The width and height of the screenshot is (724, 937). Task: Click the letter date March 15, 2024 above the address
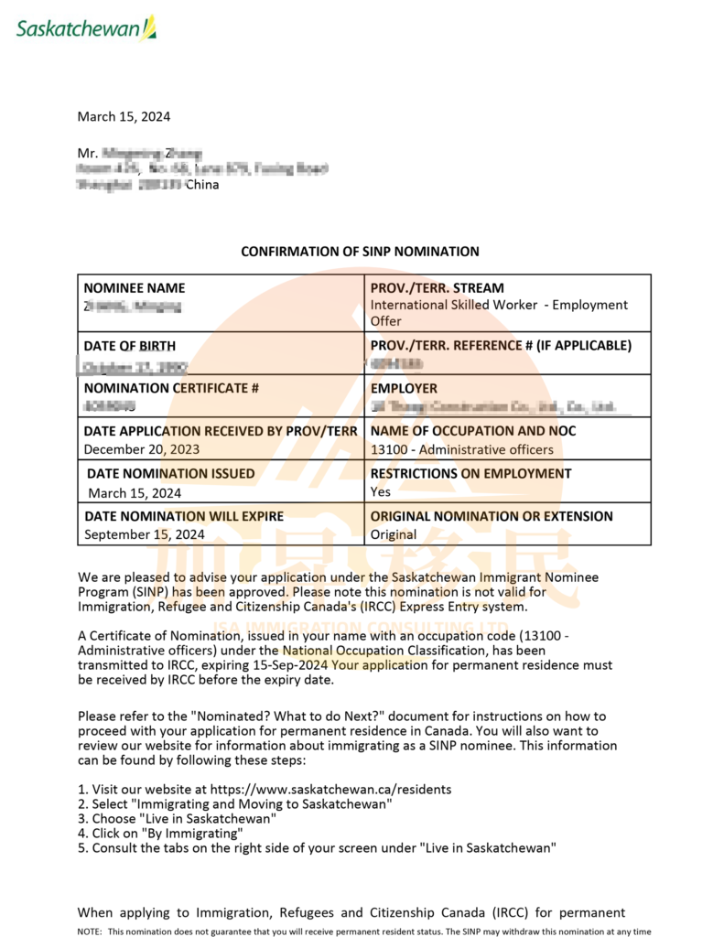124,116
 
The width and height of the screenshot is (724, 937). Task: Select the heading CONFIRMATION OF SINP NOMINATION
360,251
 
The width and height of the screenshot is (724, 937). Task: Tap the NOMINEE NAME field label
134,288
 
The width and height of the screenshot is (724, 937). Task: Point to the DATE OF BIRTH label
130,346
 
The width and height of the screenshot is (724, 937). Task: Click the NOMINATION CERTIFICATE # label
171,388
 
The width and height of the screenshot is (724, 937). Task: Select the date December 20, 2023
141,449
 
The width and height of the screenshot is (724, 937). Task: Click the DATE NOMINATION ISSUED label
170,474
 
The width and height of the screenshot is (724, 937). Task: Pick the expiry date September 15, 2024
145,534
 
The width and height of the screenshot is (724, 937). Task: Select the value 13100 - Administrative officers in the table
461,449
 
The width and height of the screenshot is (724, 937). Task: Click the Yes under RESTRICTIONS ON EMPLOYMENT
380,491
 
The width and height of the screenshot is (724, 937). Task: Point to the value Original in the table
393,534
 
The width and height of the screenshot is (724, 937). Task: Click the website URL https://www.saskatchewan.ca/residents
330,789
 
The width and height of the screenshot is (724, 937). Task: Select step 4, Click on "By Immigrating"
160,834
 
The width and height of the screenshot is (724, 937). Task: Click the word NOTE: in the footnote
90,932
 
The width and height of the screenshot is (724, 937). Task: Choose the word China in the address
202,185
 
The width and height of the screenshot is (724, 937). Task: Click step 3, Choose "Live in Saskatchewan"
177,819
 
